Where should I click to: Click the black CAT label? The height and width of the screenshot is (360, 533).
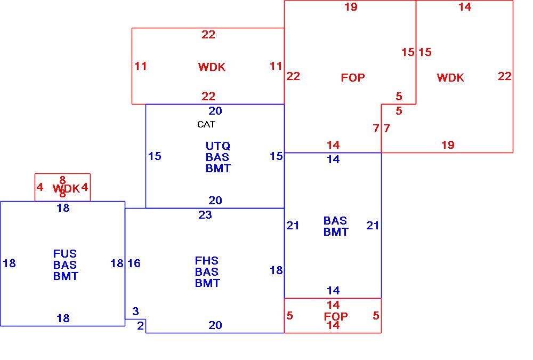[206, 124]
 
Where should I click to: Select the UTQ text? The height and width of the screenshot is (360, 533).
[218, 146]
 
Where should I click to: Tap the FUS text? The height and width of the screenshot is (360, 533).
[65, 254]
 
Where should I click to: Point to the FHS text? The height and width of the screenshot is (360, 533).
[207, 261]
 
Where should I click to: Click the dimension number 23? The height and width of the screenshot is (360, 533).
[205, 215]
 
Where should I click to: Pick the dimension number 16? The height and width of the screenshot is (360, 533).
[134, 263]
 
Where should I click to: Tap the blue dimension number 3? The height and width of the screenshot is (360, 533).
[136, 311]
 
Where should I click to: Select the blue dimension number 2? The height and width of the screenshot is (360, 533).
[141, 325]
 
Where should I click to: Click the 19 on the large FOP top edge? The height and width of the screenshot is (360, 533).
[351, 7]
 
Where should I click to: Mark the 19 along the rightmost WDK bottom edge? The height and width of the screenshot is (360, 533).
[448, 145]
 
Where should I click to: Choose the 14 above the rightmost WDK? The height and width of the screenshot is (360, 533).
[465, 7]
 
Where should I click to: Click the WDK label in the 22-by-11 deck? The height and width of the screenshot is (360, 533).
[212, 67]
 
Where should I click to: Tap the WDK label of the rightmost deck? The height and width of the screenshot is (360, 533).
[450, 78]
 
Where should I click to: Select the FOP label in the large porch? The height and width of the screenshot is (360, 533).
[353, 78]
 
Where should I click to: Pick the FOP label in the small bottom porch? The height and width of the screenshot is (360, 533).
[336, 316]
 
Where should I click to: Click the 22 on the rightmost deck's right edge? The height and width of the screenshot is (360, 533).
[505, 76]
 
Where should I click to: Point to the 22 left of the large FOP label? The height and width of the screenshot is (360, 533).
[293, 76]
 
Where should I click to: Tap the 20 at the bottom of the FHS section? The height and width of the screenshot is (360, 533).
[215, 325]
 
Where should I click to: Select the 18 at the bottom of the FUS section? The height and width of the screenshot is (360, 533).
[63, 318]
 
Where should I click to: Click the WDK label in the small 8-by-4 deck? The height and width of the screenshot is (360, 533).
[66, 188]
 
